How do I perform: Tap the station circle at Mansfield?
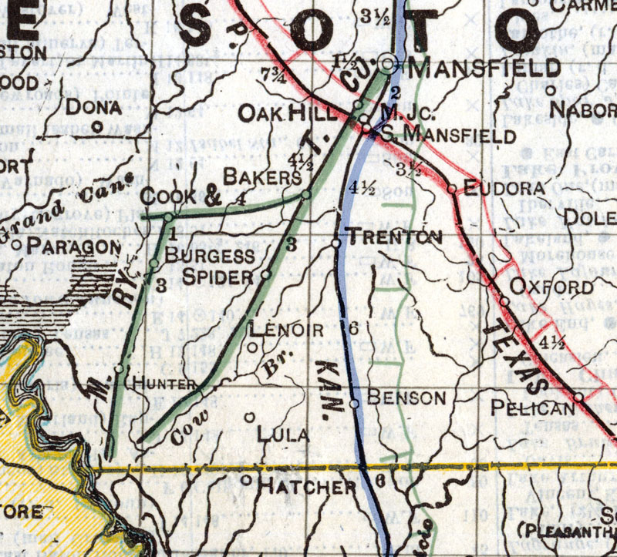pos(390,64)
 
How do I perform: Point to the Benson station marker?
pos(355,403)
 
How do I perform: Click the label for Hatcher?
pos(307,487)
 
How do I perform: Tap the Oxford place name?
pos(554,287)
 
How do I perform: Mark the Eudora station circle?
pos(452,187)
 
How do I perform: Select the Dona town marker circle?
pos(97,127)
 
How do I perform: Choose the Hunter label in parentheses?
pos(162,382)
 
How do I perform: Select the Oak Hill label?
pos(288,115)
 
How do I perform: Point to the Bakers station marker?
pos(305,195)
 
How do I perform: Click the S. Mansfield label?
pos(447,136)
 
